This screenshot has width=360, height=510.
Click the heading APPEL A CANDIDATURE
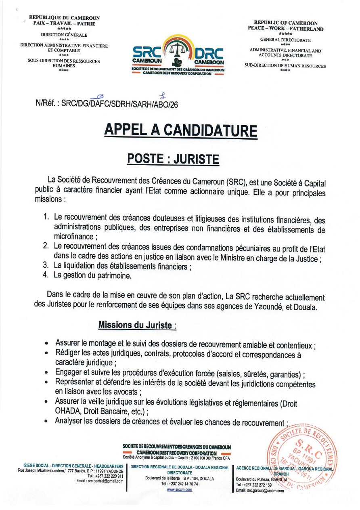point(180,130)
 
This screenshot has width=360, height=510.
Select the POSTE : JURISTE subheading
point(173,159)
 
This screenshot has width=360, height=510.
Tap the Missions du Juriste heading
point(137,325)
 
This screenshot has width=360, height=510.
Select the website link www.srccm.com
point(180,489)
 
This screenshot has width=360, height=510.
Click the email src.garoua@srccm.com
point(260,490)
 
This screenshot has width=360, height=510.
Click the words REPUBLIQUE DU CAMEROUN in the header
point(64,18)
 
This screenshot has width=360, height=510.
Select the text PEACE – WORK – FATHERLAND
point(285,29)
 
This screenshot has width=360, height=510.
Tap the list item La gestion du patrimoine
point(93,276)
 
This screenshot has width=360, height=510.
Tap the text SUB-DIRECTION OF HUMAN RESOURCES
point(285,66)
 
